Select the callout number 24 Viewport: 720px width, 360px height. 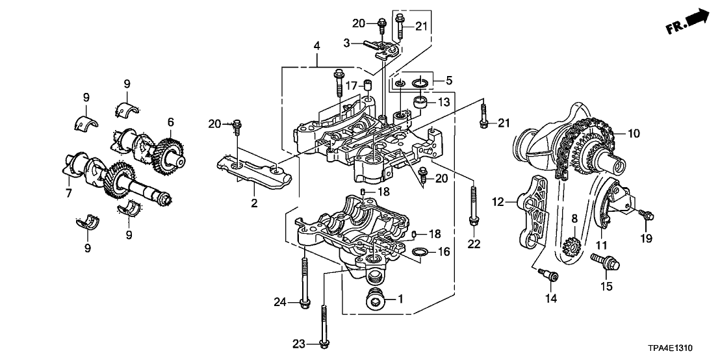tap(280, 301)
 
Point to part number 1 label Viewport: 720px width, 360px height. tap(400, 300)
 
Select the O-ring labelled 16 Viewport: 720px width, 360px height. tap(420, 251)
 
